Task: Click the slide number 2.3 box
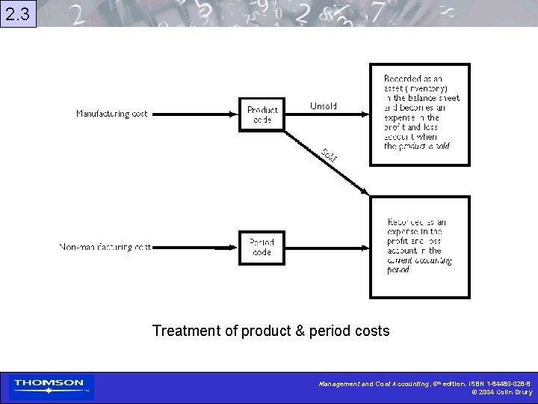pos(18,13)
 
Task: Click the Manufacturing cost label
pos(112,114)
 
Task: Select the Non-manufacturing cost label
pos(105,247)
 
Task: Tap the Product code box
pos(262,114)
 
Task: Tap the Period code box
pos(262,248)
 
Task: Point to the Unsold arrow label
pos(323,106)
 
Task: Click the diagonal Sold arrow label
pos(330,155)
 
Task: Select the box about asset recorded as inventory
pos(421,114)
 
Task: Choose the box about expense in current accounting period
pos(420,247)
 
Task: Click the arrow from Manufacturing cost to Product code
pos(194,114)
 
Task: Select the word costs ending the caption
pos(371,331)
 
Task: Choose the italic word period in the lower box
pos(398,270)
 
